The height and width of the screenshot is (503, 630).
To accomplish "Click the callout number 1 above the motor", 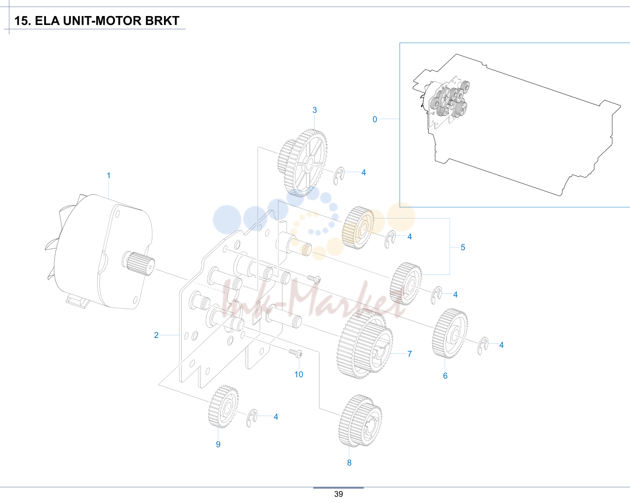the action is [109, 176].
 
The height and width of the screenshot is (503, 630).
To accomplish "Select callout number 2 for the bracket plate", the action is [156, 335].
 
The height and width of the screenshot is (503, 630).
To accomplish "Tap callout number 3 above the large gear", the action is [315, 110].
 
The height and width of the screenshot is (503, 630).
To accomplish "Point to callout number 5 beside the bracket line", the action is [463, 247].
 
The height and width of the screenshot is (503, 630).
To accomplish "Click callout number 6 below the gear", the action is [445, 375].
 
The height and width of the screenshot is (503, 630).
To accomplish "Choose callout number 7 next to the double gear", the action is [409, 354].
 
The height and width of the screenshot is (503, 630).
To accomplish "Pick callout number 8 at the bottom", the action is [349, 462].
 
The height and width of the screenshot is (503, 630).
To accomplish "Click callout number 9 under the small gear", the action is [218, 444].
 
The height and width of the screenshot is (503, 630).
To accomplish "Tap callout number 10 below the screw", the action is [299, 375].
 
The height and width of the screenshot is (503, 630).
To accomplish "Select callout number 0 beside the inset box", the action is [375, 119].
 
